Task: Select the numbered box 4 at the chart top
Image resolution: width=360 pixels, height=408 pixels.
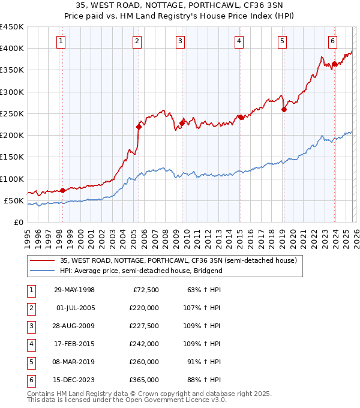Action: [x=239, y=41]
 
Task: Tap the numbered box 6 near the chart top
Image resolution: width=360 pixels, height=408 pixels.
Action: [x=332, y=41]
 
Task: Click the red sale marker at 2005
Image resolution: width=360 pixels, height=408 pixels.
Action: [x=139, y=127]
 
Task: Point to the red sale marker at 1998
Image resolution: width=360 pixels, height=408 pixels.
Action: [x=62, y=190]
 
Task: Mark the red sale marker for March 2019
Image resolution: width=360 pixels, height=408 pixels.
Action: [x=284, y=109]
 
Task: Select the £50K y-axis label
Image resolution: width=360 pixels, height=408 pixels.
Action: [x=14, y=200]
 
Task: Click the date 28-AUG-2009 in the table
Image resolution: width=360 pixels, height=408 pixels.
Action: [x=74, y=327]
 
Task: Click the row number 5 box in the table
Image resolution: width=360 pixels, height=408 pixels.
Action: [x=30, y=362]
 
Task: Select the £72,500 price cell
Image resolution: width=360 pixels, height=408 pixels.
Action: [x=144, y=290]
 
